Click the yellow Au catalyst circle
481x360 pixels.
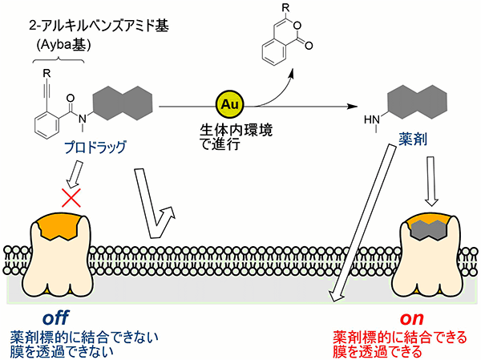coord(227,106)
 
